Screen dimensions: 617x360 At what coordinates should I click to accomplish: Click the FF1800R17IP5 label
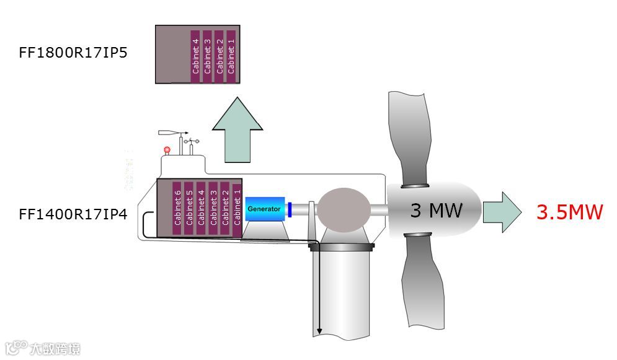(73, 52)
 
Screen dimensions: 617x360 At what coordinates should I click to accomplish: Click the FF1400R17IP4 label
(73, 214)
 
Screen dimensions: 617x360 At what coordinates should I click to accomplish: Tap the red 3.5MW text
(569, 212)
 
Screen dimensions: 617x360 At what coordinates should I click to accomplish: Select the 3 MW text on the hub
(436, 211)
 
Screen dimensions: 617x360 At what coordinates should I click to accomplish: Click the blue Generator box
(265, 209)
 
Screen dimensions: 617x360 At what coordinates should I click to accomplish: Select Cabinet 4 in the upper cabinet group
(196, 56)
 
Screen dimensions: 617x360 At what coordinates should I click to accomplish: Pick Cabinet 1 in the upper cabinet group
(231, 56)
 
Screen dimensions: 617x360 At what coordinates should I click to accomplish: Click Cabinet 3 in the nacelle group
(213, 208)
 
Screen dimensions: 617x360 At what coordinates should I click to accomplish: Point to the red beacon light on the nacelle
(166, 149)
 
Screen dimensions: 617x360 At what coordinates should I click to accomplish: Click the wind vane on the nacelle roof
(173, 133)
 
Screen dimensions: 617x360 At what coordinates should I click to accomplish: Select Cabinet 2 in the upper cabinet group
(220, 56)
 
